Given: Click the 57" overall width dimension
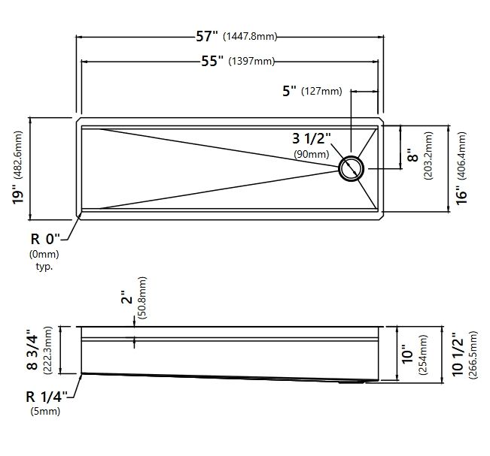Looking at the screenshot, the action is (x=206, y=36).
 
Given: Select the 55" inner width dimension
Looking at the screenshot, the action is (x=212, y=61).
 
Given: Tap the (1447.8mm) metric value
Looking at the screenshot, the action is (x=250, y=37).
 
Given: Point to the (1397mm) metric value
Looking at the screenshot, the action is (x=251, y=61).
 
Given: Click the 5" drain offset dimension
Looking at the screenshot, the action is (x=289, y=91).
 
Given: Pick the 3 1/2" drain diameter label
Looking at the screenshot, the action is (x=312, y=138).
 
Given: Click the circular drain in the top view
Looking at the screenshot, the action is (x=352, y=168).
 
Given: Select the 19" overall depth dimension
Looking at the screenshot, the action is (x=18, y=195).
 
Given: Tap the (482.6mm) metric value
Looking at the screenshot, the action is (x=18, y=155).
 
